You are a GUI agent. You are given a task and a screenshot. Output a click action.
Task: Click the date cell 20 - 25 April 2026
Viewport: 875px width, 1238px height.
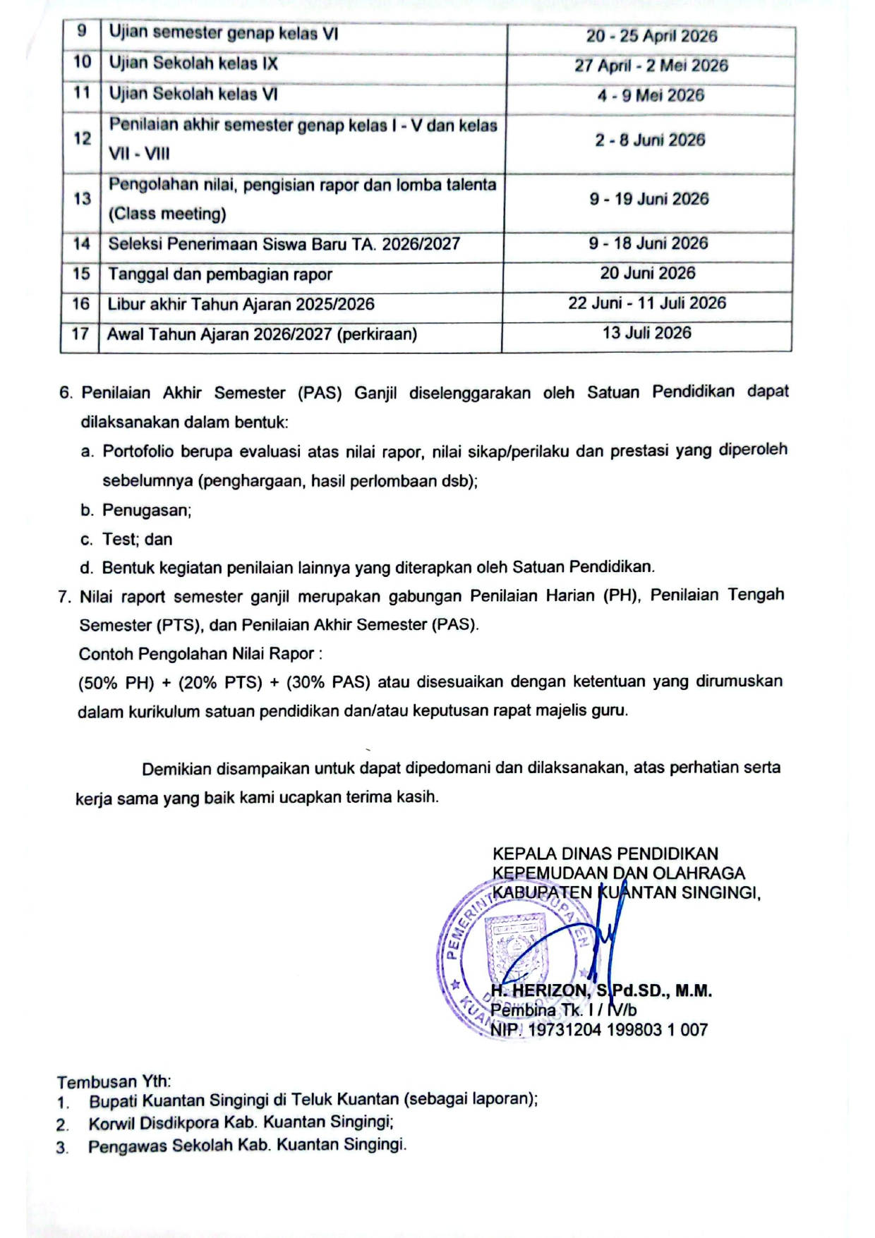[651, 36]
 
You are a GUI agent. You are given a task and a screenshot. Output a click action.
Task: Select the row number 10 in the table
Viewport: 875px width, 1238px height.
[82, 62]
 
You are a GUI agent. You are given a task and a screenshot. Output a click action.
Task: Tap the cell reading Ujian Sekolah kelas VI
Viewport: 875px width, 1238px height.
[193, 94]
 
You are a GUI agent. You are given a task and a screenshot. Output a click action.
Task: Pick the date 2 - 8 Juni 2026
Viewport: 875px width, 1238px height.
[649, 140]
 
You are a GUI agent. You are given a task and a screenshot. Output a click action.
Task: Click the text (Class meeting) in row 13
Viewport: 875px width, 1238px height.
[167, 214]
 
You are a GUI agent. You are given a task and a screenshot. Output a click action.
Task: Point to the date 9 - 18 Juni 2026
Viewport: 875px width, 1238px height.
[648, 243]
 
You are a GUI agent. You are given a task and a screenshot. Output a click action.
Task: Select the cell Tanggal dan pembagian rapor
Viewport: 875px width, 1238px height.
[219, 274]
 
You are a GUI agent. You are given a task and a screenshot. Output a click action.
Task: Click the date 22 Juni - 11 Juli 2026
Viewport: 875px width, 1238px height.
[646, 303]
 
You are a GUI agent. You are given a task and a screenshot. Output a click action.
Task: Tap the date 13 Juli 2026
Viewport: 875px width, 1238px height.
[646, 333]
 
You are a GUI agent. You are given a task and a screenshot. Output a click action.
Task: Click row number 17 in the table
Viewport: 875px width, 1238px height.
[80, 334]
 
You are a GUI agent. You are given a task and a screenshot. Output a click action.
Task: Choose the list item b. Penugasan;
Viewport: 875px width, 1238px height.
[146, 510]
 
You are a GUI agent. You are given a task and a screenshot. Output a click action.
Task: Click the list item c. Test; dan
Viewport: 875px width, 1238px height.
[137, 540]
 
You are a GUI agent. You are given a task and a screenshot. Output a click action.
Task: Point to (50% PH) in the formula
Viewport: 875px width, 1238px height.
[116, 683]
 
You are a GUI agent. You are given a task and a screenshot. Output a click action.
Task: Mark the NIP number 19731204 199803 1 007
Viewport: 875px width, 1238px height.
[617, 1030]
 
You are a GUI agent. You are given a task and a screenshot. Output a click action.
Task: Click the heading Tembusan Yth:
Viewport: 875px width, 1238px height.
[114, 1081]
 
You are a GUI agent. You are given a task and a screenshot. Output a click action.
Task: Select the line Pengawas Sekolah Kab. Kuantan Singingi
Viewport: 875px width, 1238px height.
[247, 1145]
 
